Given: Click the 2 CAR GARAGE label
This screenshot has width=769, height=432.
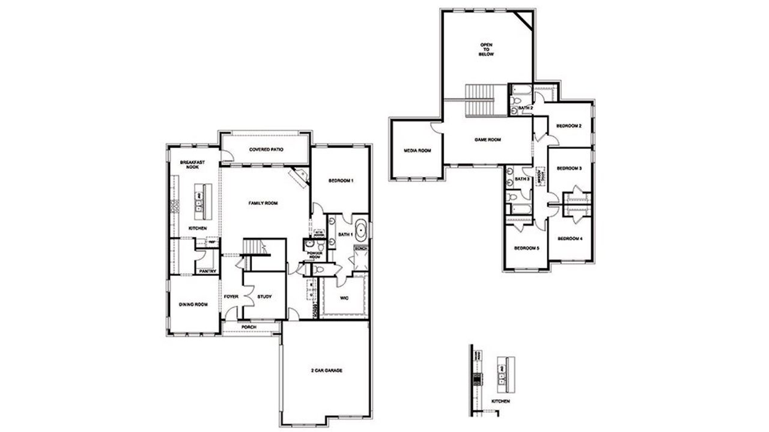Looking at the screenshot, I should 326,371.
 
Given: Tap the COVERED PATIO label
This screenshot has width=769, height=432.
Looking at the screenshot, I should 266,150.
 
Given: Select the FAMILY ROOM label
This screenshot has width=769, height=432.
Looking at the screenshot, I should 263,204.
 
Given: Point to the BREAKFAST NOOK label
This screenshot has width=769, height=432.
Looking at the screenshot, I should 192,165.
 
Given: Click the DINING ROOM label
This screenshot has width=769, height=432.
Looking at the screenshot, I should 193,305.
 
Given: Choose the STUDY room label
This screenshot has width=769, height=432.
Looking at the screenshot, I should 264,297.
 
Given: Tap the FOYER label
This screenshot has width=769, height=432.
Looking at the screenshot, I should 231,297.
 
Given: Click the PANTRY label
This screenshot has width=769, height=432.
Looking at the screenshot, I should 207,270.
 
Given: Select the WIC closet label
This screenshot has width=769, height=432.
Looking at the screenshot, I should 344,297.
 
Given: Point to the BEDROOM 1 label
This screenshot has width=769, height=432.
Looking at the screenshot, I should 341,181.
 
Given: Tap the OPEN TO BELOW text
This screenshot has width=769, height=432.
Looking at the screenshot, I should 486,49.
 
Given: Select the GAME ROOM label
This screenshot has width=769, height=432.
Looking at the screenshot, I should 488,139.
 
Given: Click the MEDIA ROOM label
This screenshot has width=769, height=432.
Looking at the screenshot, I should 417,150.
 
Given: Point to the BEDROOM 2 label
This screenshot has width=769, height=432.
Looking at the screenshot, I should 568,126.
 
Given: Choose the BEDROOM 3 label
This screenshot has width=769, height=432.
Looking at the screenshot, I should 569,169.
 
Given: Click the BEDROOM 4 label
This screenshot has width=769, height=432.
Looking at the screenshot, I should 570,239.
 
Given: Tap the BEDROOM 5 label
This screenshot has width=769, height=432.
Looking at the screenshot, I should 526,248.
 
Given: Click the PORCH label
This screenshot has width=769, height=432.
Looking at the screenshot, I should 249,327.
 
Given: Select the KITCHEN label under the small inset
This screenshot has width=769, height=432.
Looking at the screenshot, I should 501,400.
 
